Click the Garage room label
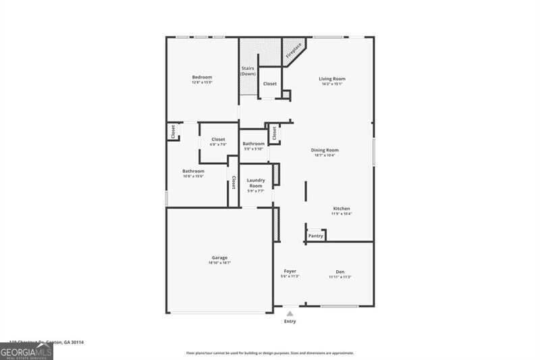tap(219, 257)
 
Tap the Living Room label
tap(331, 79)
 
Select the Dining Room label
tap(325, 150)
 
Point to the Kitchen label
tap(341, 209)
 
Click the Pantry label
tap(316, 236)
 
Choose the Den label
tap(340, 272)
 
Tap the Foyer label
tap(290, 272)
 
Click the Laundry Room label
tap(256, 183)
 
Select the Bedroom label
tap(202, 78)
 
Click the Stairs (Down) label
tap(248, 71)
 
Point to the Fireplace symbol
tap(293, 50)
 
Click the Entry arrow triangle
tap(290, 314)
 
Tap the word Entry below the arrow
tap(290, 322)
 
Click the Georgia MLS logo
tap(27, 351)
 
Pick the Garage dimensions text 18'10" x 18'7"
tap(219, 263)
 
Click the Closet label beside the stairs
tap(270, 84)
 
